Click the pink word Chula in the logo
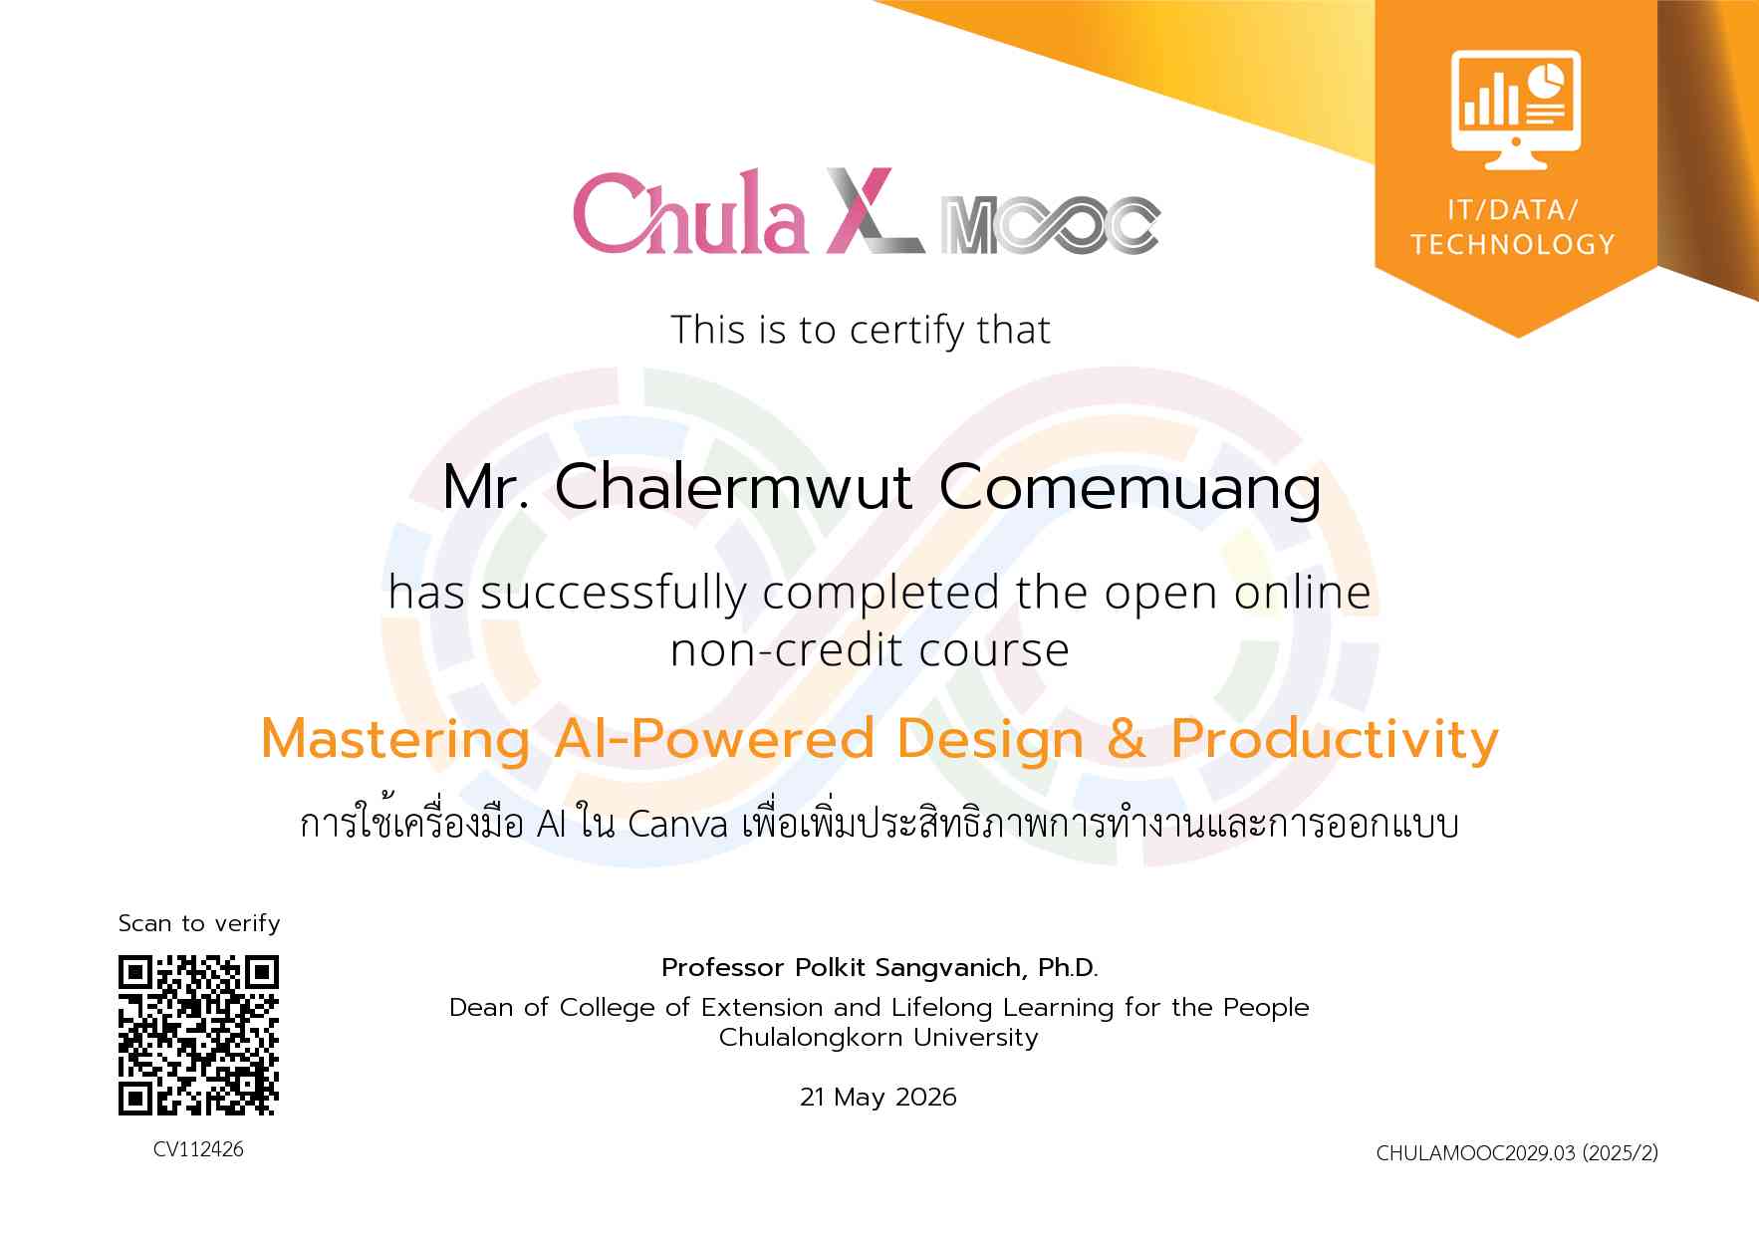click(689, 212)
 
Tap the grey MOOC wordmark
click(1051, 224)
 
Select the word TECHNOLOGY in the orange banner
click(1513, 244)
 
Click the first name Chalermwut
click(733, 487)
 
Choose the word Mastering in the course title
click(394, 741)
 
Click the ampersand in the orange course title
click(1127, 739)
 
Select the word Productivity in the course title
click(1335, 740)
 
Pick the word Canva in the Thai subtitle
click(678, 826)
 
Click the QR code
click(199, 1036)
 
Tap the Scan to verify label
click(199, 923)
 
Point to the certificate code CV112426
click(198, 1149)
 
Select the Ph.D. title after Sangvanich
click(1068, 967)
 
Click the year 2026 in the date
click(926, 1098)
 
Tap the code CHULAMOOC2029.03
click(1475, 1153)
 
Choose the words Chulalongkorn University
click(879, 1038)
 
